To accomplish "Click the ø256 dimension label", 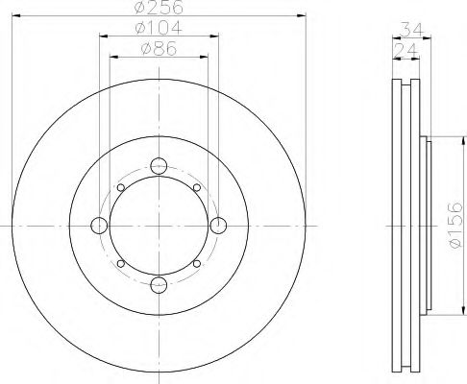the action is pos(160,7).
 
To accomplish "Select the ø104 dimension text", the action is pos(159,28).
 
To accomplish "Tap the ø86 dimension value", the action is pos(159,49).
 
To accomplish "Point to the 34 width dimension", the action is pos(412,30).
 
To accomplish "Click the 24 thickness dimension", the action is pos(406,51).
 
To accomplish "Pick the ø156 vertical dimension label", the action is pos(455,225).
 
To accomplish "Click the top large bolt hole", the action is pos(159,166).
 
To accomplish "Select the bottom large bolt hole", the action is pos(159,285).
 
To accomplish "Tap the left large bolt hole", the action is pos(99,226).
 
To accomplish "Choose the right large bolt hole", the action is pos(218,226).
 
